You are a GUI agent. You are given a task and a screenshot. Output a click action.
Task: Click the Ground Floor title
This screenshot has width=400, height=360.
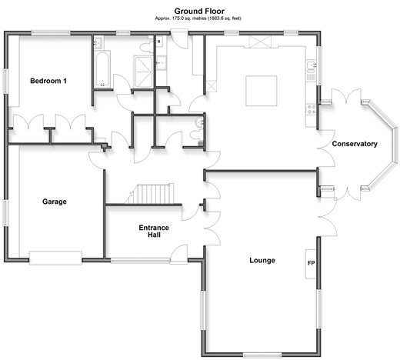pos(199,12)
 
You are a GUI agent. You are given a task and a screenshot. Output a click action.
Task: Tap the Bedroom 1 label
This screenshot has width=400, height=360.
pos(48,81)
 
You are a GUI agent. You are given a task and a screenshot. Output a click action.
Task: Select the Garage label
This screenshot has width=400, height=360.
pos(55,202)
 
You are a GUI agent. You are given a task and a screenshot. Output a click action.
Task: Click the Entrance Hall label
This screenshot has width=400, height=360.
pos(154,232)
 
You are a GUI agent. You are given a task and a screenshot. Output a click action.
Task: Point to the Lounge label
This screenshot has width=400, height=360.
pos(262,261)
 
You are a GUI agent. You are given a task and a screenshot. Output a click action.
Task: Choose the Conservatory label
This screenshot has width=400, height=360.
pos(355,144)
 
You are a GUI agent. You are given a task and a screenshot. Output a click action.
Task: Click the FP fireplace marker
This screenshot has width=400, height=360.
pos(311,263)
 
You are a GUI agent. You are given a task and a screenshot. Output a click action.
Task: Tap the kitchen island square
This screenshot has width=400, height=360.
pos(262,91)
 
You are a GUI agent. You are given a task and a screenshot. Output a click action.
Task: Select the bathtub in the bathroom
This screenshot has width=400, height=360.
pos(102,69)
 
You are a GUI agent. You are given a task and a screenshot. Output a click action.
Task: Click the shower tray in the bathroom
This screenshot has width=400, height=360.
pos(143,72)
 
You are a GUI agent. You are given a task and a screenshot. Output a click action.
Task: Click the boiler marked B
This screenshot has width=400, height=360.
pos(159,42)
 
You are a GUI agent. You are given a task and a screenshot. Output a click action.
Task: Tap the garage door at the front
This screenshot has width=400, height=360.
pos(55,258)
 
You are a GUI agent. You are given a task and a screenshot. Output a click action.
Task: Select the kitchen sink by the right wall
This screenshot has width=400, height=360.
pos(311,65)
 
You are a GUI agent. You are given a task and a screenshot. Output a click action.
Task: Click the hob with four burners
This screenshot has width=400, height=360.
pos(312,109)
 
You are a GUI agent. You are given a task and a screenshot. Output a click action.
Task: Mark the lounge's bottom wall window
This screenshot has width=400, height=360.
pos(262,355)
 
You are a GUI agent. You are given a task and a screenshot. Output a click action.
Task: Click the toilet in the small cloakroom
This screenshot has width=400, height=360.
pos(195,135)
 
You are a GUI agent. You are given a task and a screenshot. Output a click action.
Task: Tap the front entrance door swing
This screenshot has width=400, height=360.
pos(179,254)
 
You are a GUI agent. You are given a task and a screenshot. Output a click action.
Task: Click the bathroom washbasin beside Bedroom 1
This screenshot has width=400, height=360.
pos(98,42)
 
